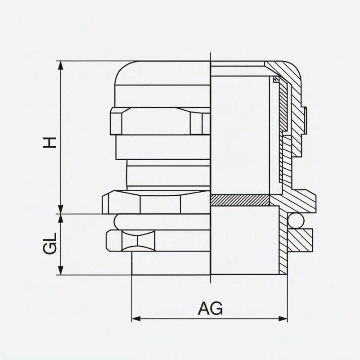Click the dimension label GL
tap(51, 243)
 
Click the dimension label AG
tap(211, 309)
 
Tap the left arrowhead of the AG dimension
tap(135, 319)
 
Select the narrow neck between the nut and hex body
tap(166, 175)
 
